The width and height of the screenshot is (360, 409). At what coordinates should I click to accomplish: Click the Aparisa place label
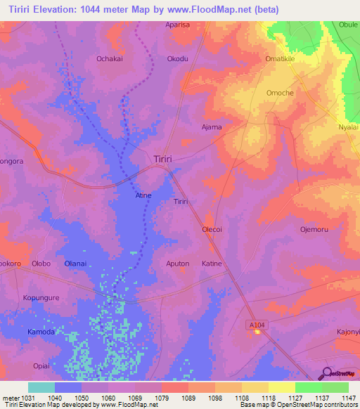pyautogui.click(x=177, y=25)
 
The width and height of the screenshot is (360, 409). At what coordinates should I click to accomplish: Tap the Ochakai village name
pyautogui.click(x=110, y=60)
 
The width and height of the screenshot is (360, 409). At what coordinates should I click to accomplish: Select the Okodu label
pyautogui.click(x=178, y=60)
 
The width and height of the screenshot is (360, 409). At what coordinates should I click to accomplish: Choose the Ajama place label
pyautogui.click(x=212, y=127)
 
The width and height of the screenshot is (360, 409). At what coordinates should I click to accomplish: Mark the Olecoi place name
pyautogui.click(x=212, y=230)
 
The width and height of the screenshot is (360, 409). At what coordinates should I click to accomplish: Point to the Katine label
pyautogui.click(x=212, y=264)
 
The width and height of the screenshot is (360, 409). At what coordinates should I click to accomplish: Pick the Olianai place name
pyautogui.click(x=75, y=264)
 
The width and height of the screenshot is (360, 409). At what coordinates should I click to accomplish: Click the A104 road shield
pyautogui.click(x=257, y=324)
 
